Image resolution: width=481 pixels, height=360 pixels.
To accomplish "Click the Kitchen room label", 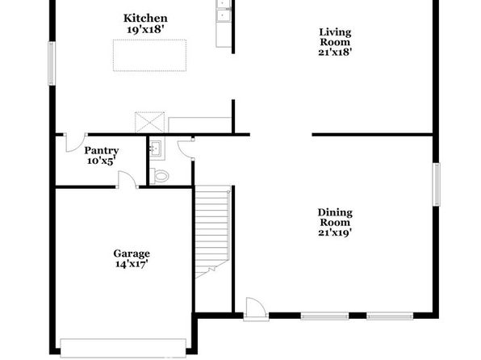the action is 145,19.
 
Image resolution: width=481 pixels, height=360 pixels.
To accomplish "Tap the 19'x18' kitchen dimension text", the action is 145,30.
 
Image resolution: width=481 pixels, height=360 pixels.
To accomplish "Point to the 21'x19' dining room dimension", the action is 335,232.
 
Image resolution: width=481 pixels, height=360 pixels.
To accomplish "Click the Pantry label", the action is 102,151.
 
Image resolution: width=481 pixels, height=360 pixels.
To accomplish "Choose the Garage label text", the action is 132,253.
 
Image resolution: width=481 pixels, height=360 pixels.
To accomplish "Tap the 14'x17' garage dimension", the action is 132,264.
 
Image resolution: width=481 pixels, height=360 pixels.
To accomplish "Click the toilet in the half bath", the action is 159,176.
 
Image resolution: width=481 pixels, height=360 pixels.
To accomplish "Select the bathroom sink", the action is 156,149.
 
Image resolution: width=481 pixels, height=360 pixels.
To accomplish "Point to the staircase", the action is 213,232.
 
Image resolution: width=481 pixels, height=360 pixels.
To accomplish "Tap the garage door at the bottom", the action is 123,348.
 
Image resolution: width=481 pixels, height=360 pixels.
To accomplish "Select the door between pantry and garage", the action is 127,179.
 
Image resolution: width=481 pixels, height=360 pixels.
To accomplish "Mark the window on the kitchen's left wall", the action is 52,64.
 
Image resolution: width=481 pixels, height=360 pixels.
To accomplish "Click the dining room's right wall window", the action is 437,185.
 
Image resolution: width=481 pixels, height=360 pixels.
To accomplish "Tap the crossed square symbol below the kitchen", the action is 149,123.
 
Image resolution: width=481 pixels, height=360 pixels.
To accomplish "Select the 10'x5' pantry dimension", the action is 102,161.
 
